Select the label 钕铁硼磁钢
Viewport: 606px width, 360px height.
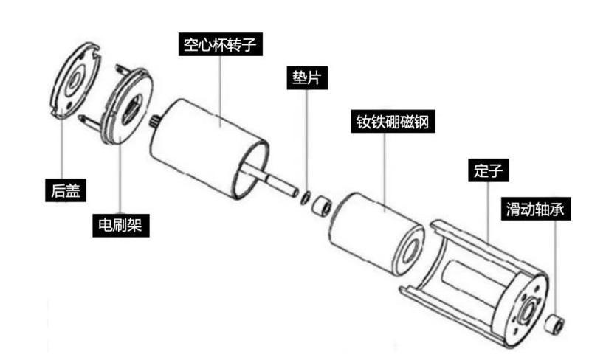pyautogui.click(x=388, y=121)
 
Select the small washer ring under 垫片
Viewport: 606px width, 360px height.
pyautogui.click(x=306, y=195)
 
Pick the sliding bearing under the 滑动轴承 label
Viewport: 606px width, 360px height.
pyautogui.click(x=555, y=322)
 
